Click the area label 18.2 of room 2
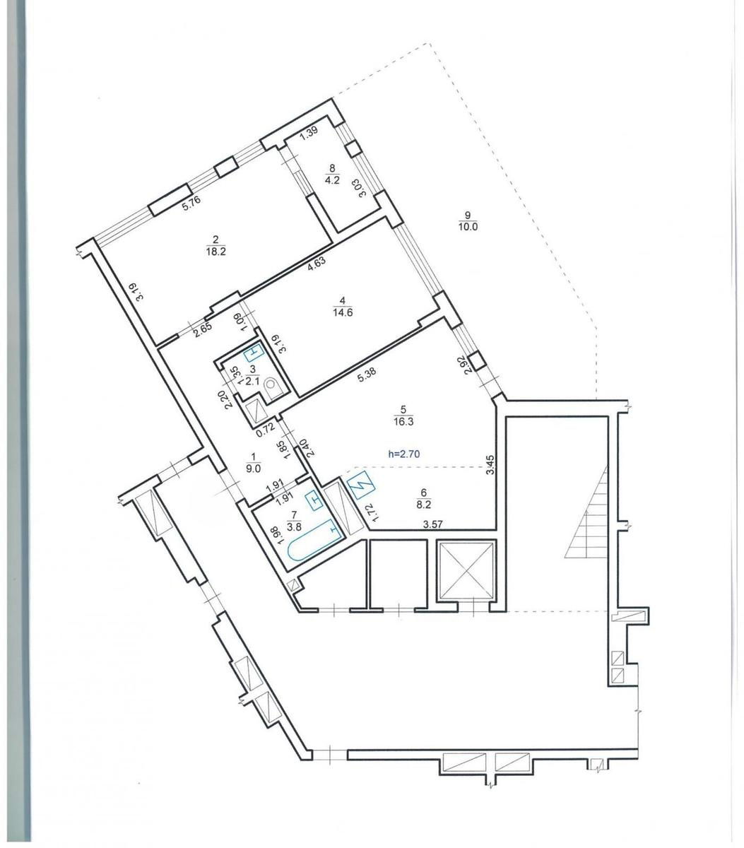pos(216,252)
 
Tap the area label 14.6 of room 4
pos(343,312)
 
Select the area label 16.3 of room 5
pos(404,421)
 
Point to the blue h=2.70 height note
pos(404,454)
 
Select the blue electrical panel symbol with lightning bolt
pos(362,485)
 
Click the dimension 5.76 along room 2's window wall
pos(192,203)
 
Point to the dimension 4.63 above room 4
pos(317,264)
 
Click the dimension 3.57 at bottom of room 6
pos(432,524)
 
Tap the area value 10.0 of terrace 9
pos(468,228)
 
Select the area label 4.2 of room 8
pos(333,181)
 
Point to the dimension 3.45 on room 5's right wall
pos(491,464)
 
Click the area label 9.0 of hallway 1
pos(254,469)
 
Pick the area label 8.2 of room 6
pos(424,505)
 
